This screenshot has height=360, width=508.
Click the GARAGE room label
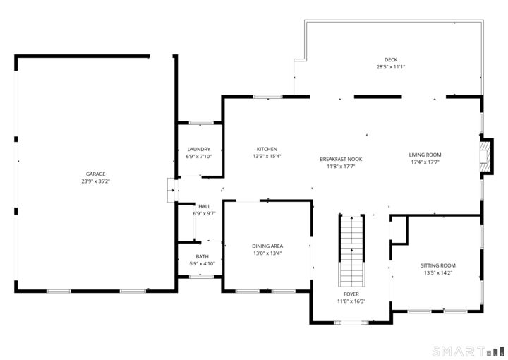pos(96,174)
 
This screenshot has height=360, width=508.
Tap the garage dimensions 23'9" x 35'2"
pos(96,181)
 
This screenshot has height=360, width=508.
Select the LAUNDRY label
pos(199,149)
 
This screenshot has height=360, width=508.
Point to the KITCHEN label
pos(267,149)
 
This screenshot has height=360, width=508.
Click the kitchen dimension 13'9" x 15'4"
pos(267,157)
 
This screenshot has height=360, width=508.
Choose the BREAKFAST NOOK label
pos(341,160)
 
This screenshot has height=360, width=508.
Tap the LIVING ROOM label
pos(425,155)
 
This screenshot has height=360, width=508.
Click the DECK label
pos(390,59)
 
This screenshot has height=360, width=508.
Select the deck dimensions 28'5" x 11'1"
pos(390,67)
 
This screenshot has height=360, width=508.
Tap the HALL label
pos(204,206)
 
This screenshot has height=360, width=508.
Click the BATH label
pos(202,256)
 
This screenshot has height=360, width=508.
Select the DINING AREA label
pos(267,246)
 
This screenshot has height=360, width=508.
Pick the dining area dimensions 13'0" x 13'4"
pos(267,253)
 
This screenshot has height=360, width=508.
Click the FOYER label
pos(351,294)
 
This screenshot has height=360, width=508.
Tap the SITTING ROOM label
pos(438,265)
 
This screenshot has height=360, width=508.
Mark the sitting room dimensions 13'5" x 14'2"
pos(438,273)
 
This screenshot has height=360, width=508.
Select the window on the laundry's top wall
pos(201,124)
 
